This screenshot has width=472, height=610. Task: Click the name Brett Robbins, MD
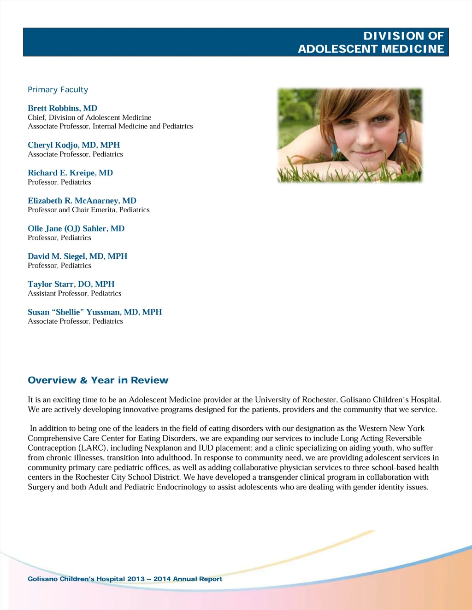[x=62, y=108]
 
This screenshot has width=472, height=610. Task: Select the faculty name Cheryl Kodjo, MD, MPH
[x=74, y=145]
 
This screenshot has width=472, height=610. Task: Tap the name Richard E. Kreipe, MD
[x=70, y=173]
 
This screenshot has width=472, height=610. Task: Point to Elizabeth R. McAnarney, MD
[x=82, y=201]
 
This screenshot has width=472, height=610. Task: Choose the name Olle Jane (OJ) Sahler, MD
[x=76, y=228]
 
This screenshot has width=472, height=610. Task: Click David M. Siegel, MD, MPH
[x=77, y=256]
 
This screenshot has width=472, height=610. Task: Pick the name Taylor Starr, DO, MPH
[x=71, y=284]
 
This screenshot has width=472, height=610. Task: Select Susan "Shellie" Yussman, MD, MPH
[x=94, y=312]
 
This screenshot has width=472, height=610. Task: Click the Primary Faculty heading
[x=58, y=90]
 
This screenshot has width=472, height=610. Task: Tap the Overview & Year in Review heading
[x=98, y=380]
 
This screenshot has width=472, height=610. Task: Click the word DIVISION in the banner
[x=390, y=36]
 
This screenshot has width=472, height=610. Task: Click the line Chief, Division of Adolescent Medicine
[x=89, y=117]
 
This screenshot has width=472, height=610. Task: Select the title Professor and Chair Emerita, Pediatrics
[x=88, y=210]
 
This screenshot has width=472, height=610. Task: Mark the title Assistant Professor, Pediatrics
[x=74, y=293]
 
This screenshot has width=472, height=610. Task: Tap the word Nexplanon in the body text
[x=163, y=448]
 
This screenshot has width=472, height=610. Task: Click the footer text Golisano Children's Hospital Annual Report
[x=124, y=579]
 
